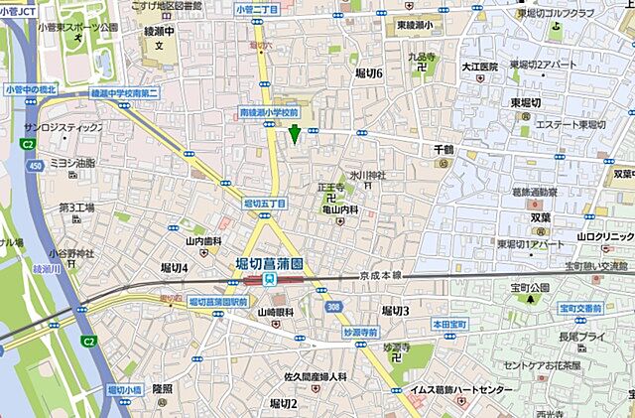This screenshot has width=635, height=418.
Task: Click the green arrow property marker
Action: (x=294, y=134)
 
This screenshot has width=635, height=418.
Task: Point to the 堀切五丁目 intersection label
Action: (x=264, y=204)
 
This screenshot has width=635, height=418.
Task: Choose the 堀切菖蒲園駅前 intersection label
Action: (x=217, y=300)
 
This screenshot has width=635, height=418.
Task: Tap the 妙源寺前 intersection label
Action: (x=362, y=332)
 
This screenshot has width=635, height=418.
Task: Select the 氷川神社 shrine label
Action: (x=366, y=176)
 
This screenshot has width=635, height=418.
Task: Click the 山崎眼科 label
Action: (x=279, y=313)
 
